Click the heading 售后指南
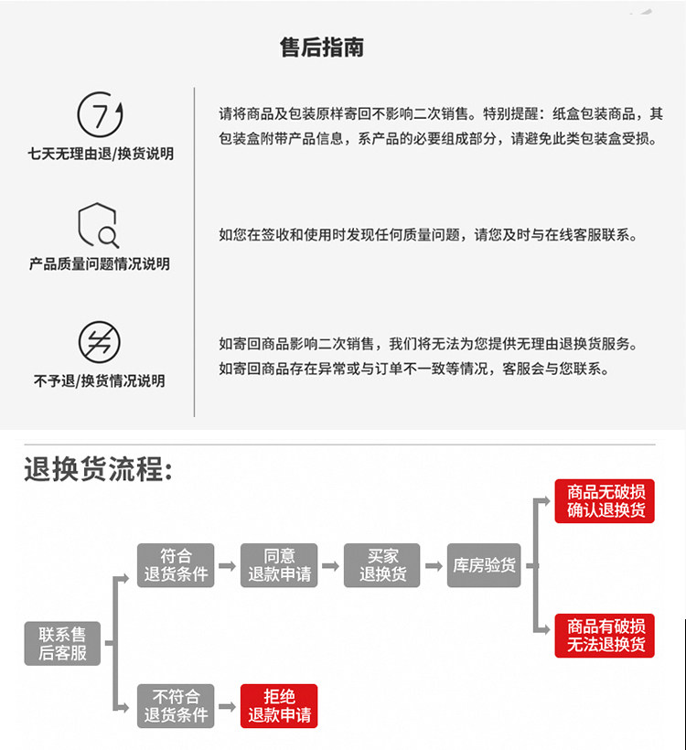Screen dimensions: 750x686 322,48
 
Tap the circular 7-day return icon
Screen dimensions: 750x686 100,114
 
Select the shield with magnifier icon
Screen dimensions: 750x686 99,225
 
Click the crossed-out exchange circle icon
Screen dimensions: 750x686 99,342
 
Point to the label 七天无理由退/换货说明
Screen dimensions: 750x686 100,154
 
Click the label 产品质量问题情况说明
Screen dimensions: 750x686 100,264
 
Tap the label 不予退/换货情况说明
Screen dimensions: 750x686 100,380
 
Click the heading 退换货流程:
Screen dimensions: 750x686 99,470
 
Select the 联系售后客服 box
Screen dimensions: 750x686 62,643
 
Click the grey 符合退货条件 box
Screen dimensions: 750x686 176,565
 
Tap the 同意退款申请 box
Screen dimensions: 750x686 279,565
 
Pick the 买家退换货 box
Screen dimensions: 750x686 382,565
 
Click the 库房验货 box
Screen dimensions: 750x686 485,565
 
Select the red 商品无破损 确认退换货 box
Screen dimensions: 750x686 605,500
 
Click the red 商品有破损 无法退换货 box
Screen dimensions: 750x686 605,635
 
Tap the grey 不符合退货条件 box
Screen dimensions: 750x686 176,705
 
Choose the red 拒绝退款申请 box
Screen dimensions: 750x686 279,705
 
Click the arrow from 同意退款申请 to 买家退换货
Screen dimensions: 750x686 330,566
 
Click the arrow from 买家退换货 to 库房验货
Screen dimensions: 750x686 434,566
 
